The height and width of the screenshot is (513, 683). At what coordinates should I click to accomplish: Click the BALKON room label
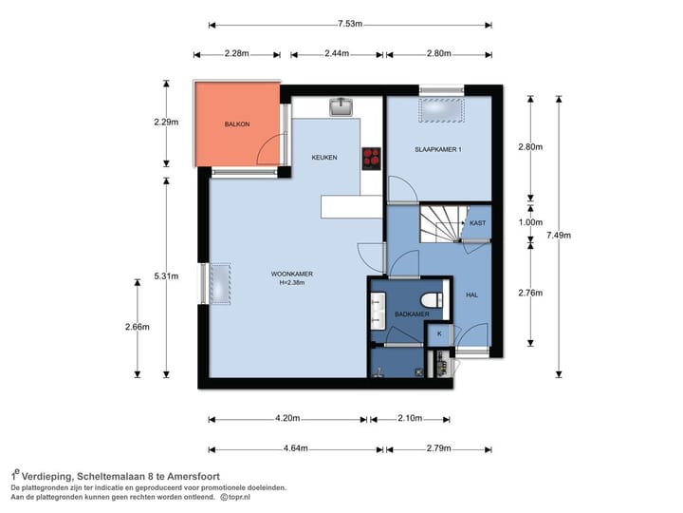click(237, 124)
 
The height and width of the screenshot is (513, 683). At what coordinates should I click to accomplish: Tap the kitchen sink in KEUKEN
click(341, 106)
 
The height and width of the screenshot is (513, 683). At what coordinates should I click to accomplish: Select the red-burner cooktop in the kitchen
click(372, 159)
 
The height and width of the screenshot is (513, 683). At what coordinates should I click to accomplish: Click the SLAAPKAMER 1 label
click(437, 150)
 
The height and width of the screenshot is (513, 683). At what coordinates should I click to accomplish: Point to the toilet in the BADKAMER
click(432, 300)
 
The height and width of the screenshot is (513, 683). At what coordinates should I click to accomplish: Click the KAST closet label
click(477, 223)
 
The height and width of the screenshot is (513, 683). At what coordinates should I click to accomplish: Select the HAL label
click(471, 294)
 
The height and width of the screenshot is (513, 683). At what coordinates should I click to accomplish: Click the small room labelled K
click(439, 334)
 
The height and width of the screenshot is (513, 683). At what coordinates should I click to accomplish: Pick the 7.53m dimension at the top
click(350, 24)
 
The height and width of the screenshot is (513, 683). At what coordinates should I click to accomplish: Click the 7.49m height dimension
click(559, 236)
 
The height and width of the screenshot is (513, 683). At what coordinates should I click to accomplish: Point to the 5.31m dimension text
click(166, 276)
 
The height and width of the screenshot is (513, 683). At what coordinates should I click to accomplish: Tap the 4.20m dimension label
click(287, 418)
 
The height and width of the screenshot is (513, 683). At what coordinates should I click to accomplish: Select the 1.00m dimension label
click(530, 222)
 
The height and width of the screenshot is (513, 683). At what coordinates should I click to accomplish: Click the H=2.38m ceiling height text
click(292, 283)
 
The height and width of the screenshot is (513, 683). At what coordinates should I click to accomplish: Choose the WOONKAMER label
click(292, 274)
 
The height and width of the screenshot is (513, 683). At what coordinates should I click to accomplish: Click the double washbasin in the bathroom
click(378, 311)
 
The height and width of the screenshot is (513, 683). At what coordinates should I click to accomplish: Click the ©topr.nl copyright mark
click(235, 497)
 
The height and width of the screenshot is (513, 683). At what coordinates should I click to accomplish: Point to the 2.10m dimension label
click(410, 418)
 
